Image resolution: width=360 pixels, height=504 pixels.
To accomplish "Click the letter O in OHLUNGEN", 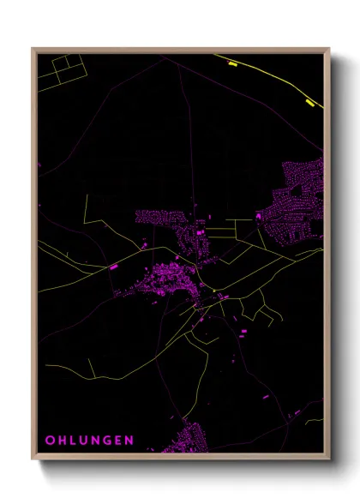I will [50, 441].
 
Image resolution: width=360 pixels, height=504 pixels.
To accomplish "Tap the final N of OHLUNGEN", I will [129, 441].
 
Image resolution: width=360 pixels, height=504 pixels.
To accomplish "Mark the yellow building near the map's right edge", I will [309, 104].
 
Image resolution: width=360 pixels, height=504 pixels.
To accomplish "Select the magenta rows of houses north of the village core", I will [159, 218].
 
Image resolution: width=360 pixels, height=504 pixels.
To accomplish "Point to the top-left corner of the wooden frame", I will [33, 49].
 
